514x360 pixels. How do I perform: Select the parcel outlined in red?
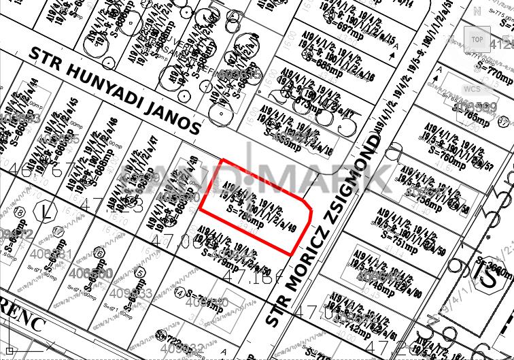coord(255,208)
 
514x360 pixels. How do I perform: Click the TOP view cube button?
coord(477,39)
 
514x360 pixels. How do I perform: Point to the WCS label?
coord(471,89)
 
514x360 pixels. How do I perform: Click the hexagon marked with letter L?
coord(46,211)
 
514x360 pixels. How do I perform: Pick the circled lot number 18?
coord(19,213)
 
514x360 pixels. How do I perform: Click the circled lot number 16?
coord(99,253)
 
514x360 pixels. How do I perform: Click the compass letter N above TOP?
coord(477,12)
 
